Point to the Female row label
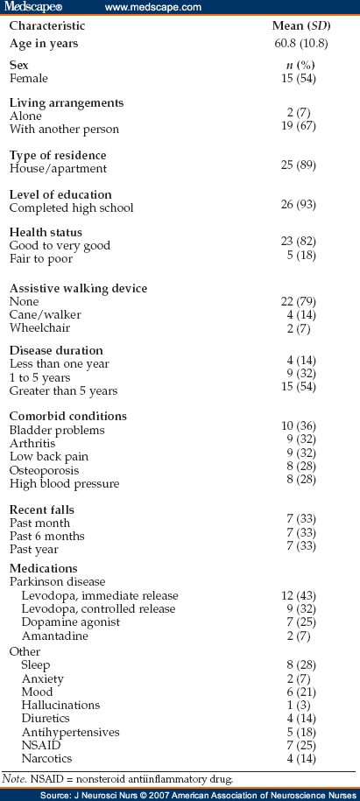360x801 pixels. tap(29, 78)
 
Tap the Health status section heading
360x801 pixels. tap(46, 232)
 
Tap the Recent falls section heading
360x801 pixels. tap(42, 509)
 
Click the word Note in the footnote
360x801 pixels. tap(18, 775)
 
